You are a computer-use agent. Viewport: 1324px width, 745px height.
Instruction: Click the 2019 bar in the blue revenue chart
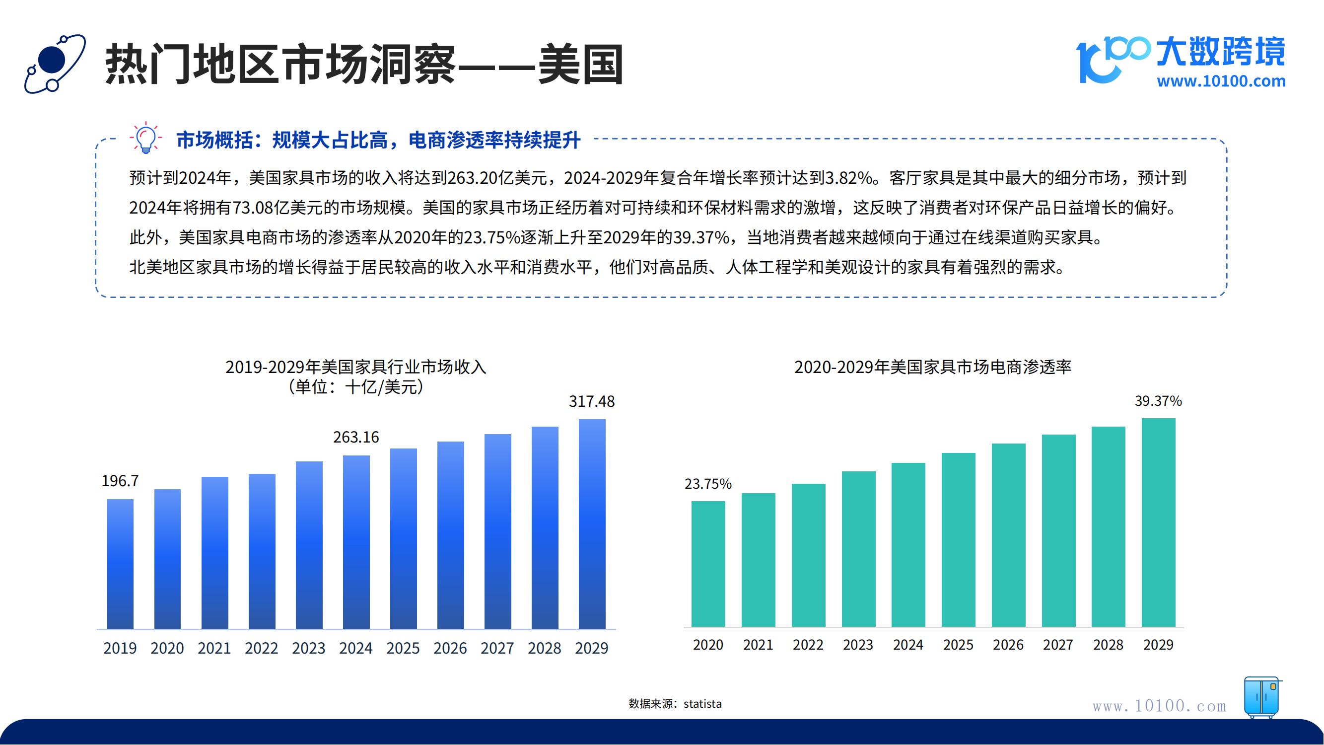tap(120, 564)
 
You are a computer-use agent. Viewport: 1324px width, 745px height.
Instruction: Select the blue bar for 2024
tap(356, 542)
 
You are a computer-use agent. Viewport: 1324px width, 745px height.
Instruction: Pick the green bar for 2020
tap(708, 564)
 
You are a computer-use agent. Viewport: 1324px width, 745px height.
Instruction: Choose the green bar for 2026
tap(1008, 535)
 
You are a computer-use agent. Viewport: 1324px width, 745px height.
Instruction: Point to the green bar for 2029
tap(1159, 522)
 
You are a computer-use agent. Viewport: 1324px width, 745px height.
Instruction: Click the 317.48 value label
tap(592, 401)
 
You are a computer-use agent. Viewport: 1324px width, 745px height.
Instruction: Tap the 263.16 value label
tap(355, 438)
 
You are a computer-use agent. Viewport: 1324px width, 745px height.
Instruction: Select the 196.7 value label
tap(120, 481)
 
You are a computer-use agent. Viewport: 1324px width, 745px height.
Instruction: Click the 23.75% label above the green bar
tap(708, 484)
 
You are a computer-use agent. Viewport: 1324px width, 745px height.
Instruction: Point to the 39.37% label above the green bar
tap(1158, 401)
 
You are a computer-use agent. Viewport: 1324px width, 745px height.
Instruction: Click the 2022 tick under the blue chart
tap(262, 648)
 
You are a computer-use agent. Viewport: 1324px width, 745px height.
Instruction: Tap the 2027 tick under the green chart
tap(1058, 645)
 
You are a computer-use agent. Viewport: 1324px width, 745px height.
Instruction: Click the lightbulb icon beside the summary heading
tap(146, 138)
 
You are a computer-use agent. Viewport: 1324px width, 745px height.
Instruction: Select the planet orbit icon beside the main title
tap(55, 64)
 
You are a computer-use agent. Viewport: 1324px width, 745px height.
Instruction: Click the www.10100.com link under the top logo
tap(1221, 81)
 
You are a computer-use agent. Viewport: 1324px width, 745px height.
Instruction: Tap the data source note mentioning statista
tap(675, 704)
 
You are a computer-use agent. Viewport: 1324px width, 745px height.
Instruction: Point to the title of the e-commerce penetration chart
tap(933, 367)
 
